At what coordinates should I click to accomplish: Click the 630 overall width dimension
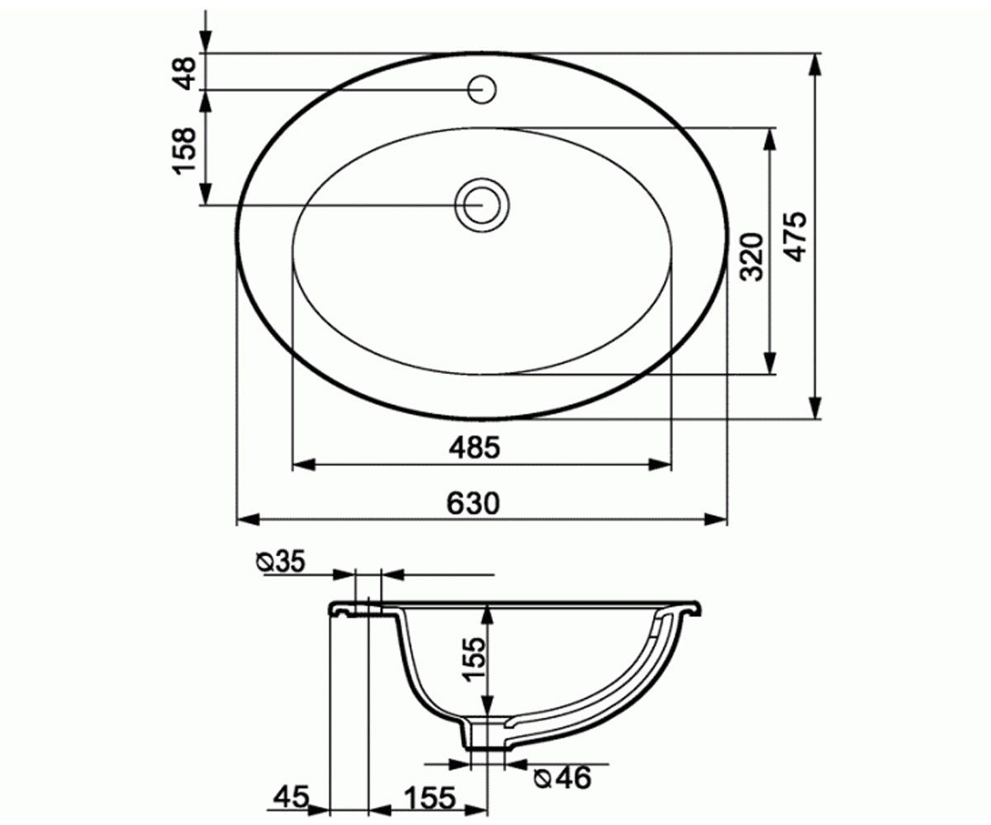pos(473,503)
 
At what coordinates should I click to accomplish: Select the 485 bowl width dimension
pos(475,447)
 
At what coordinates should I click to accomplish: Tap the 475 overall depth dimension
pos(795,236)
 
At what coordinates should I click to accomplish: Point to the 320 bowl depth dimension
pos(752,256)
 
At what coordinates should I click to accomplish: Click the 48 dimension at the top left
pos(184,73)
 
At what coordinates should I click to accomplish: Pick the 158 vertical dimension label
pos(184,151)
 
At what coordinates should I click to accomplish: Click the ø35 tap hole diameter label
pos(281,563)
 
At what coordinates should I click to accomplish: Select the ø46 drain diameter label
pos(562,778)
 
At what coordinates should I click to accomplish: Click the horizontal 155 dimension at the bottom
pos(429,798)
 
